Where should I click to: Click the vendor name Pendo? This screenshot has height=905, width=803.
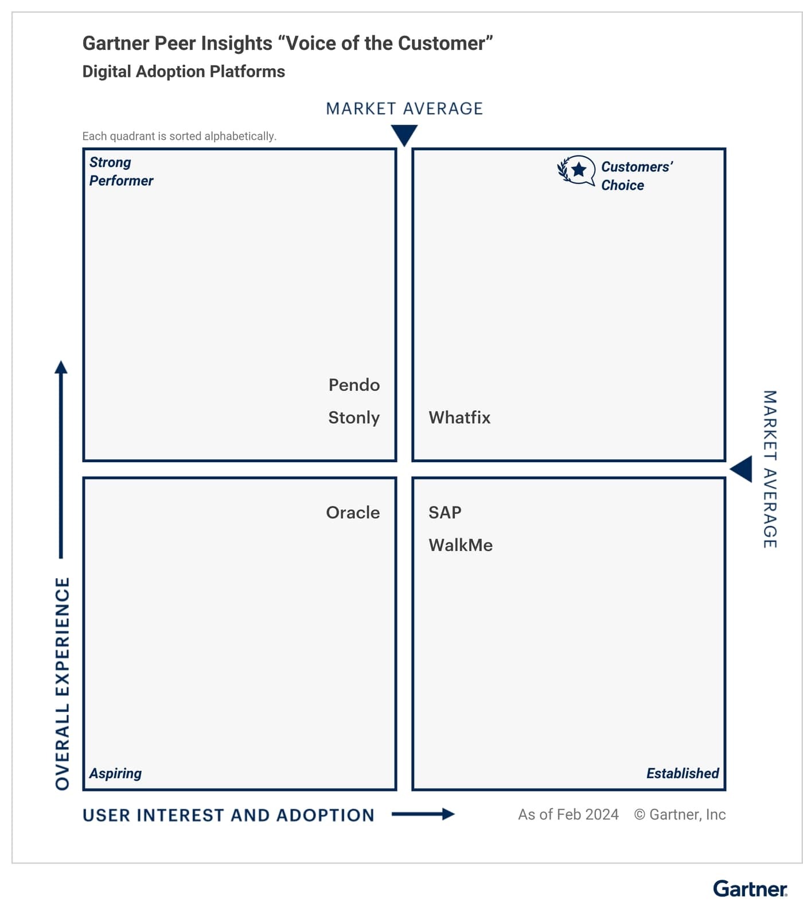(x=354, y=385)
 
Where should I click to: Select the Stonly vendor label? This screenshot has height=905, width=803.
(x=354, y=418)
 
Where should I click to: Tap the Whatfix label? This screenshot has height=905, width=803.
(x=459, y=418)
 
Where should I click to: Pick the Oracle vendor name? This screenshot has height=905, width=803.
(x=353, y=513)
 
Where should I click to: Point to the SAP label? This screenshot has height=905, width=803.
(x=445, y=513)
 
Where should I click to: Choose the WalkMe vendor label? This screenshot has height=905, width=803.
(x=461, y=545)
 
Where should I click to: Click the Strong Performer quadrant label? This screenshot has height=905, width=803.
(x=121, y=171)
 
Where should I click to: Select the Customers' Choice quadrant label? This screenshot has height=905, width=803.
(x=636, y=176)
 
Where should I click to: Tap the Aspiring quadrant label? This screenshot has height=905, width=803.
(x=115, y=774)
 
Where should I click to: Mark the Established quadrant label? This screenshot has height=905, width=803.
(x=682, y=774)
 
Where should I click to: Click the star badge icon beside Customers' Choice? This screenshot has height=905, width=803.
(x=576, y=170)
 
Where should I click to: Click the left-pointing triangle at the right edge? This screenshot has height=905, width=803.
(x=741, y=469)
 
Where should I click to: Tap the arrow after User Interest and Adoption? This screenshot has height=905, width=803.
(x=423, y=814)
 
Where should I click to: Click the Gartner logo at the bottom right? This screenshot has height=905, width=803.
(x=750, y=888)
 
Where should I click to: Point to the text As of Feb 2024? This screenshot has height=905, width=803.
(x=568, y=814)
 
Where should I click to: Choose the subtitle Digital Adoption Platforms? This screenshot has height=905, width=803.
(x=184, y=72)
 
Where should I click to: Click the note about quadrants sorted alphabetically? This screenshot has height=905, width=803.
(x=179, y=136)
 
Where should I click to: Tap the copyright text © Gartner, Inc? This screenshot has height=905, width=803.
(x=680, y=814)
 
